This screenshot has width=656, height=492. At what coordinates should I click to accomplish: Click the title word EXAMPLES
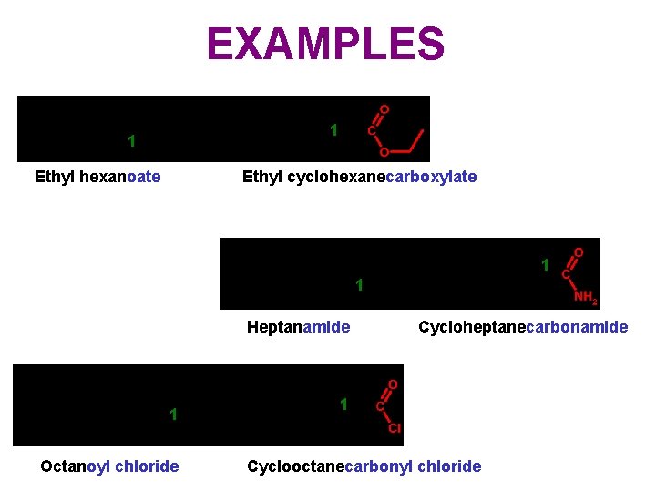pos(325,44)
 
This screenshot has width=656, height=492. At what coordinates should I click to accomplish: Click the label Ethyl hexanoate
pos(97,177)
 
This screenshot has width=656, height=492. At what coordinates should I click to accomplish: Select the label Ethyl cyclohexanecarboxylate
pos(359,177)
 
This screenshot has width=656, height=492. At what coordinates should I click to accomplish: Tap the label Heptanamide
pos(298,327)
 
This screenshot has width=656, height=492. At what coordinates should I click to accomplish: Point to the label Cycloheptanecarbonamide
pos(523,327)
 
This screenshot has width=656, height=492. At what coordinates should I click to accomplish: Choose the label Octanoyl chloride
pos(109,466)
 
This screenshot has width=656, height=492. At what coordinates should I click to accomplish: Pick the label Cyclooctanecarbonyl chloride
pos(364,466)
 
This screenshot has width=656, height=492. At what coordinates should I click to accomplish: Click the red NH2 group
pos(585,297)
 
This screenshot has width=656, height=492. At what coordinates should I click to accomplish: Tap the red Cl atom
pos(395,428)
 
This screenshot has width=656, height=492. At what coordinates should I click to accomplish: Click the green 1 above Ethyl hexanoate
pos(132,141)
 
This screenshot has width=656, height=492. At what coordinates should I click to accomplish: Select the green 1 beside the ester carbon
pos(333,131)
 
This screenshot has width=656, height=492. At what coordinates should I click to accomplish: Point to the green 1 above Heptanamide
pos(359,286)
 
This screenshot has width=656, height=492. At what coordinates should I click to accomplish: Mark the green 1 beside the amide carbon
pos(545,266)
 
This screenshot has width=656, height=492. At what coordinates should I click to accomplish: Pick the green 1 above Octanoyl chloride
pos(172,415)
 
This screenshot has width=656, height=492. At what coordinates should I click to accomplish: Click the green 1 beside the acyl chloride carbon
pos(343,404)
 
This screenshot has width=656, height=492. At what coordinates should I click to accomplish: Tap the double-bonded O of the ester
pos(384,109)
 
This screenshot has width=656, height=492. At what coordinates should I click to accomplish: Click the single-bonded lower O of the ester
pos(384,152)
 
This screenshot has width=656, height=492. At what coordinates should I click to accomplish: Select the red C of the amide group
pos(566,273)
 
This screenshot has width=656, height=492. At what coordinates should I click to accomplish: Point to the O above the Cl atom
pos(393,385)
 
